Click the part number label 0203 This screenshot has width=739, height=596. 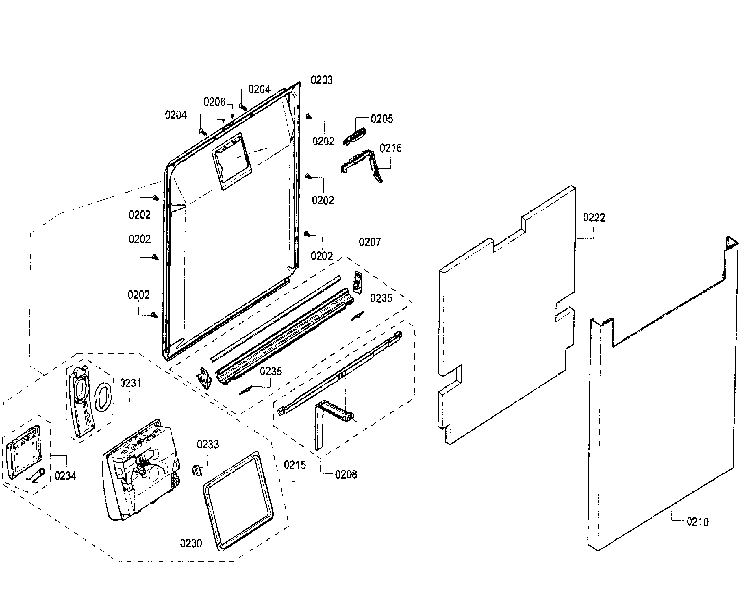(x=321, y=80)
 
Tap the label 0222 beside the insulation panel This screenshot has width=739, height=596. (x=594, y=218)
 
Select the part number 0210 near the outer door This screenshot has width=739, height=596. (x=697, y=522)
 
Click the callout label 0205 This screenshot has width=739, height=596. (x=382, y=119)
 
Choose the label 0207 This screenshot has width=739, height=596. (x=370, y=242)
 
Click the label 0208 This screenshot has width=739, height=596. (x=346, y=475)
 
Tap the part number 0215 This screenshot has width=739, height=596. (x=295, y=465)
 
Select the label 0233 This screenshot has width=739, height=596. (x=208, y=445)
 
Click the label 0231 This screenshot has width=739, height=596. (x=130, y=383)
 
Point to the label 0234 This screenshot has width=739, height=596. (x=65, y=476)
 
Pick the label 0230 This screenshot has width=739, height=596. (x=191, y=543)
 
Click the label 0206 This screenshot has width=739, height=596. (x=214, y=102)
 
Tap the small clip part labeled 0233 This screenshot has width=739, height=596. (x=196, y=470)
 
